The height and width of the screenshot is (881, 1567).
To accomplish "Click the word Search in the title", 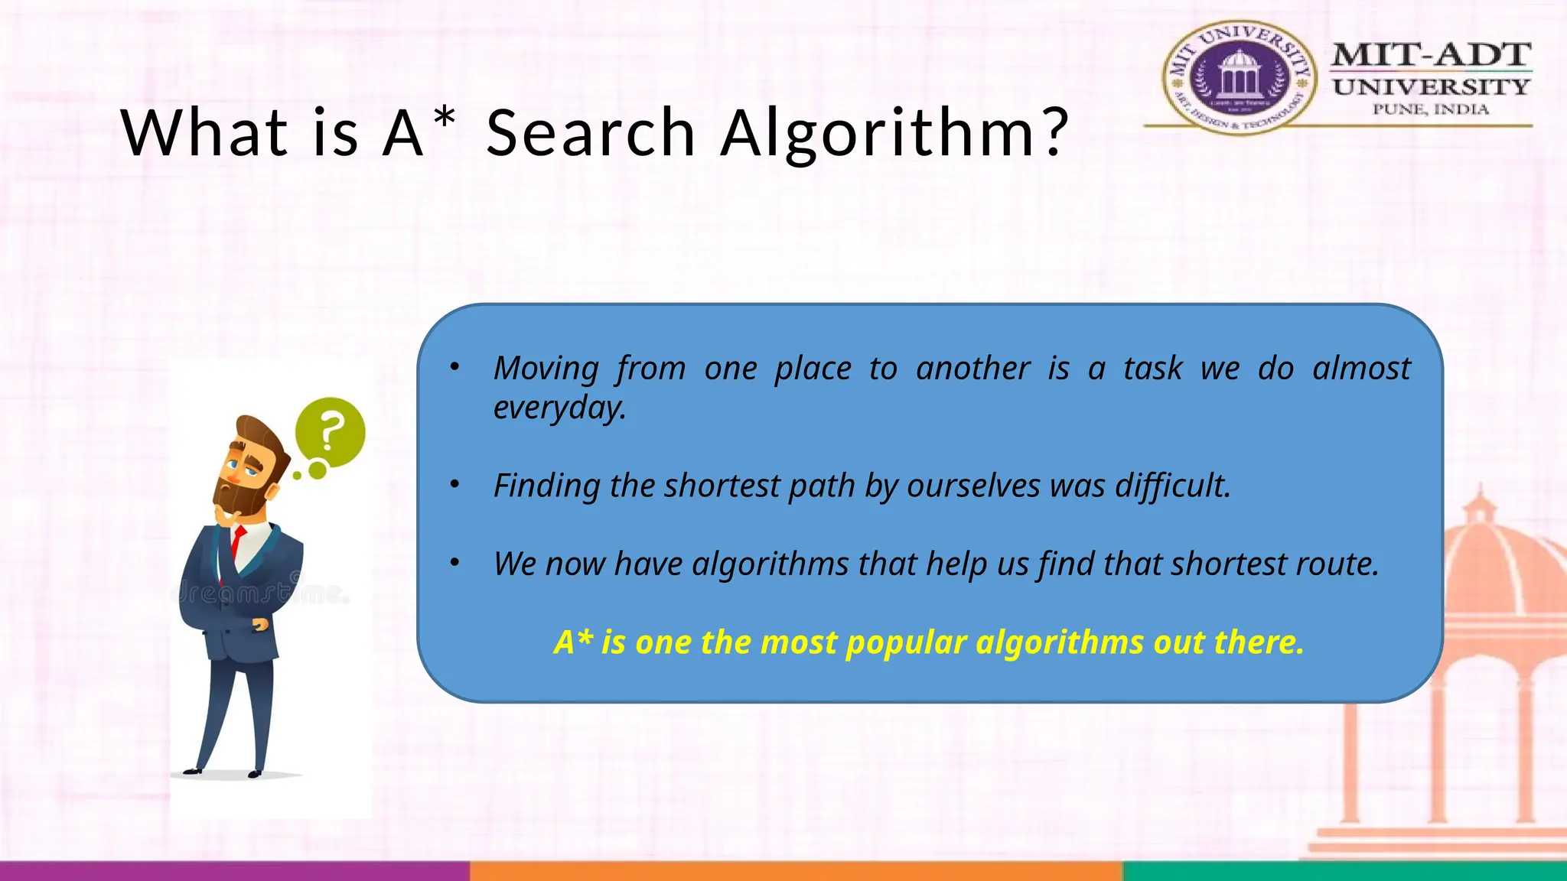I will click(x=590, y=133).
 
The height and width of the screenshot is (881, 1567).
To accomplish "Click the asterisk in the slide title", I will click(x=444, y=119).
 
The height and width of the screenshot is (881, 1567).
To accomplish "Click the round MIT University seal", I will click(x=1238, y=77).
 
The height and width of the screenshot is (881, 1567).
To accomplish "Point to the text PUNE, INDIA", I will click(x=1431, y=109).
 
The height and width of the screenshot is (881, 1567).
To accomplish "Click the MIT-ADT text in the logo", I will click(x=1431, y=55).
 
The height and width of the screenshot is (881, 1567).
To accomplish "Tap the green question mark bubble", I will click(x=331, y=432).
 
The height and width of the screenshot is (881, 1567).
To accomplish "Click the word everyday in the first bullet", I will click(x=559, y=408).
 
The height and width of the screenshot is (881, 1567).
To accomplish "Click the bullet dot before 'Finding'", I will click(x=454, y=485).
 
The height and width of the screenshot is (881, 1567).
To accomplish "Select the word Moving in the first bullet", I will click(x=546, y=369).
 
